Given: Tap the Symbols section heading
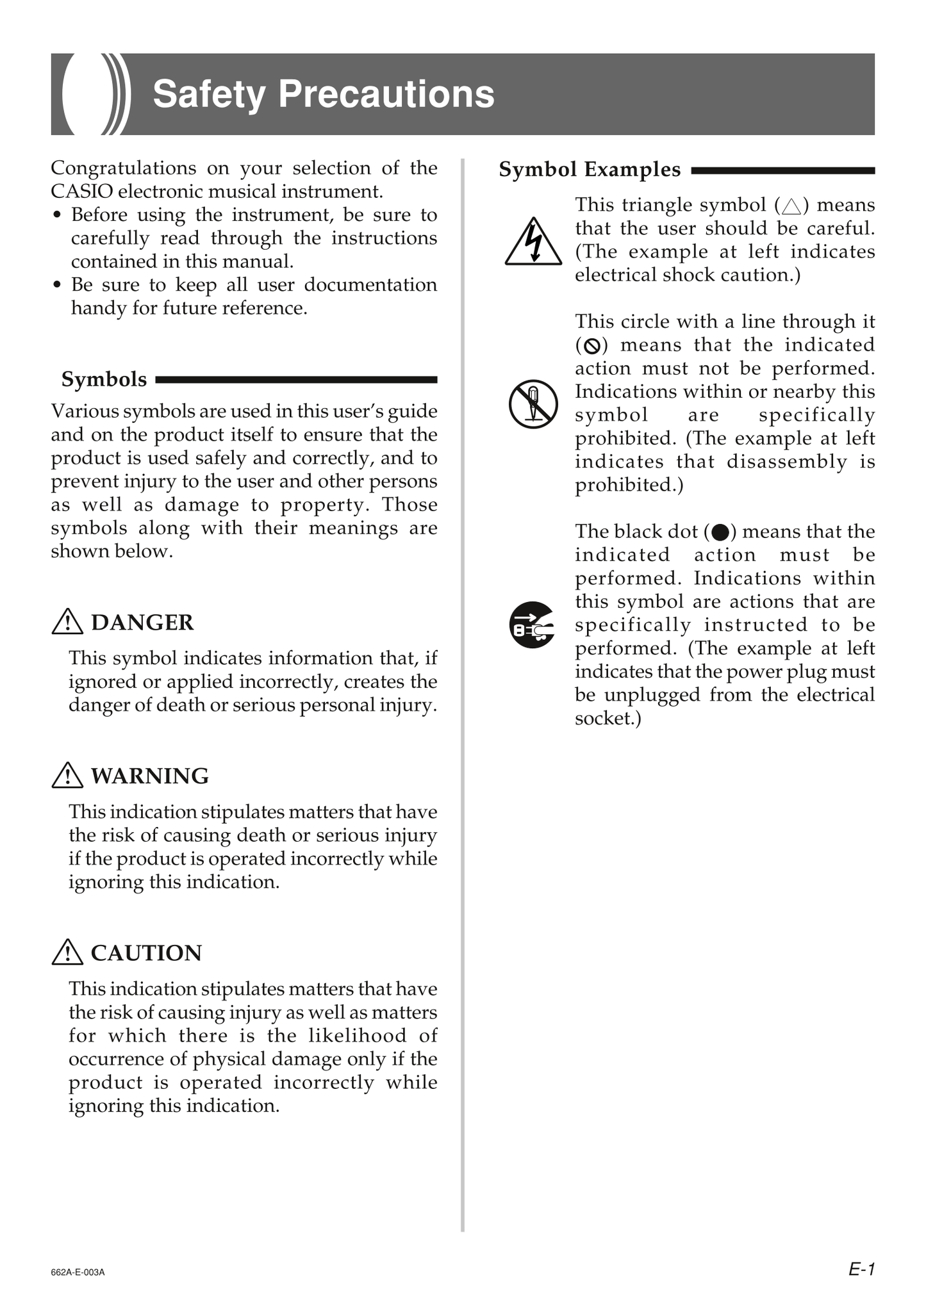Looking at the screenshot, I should (104, 379).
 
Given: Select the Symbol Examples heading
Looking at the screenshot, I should (590, 170).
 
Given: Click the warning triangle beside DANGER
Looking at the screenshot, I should (67, 622).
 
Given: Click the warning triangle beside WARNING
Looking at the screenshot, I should (67, 776).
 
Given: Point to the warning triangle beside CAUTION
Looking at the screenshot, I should (67, 952).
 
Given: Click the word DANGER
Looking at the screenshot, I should (142, 623).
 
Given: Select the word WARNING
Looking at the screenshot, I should (149, 776).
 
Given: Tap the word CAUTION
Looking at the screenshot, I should (146, 953).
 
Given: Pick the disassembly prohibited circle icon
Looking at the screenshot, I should (533, 404).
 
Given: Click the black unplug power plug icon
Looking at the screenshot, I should (532, 625).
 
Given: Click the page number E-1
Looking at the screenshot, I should (861, 1268).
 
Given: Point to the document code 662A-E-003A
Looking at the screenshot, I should (78, 1272).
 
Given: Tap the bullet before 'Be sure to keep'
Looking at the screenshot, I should (58, 285).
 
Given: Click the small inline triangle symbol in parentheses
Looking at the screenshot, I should (791, 206).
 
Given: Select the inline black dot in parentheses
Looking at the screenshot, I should (720, 532).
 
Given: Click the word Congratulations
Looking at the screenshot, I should (123, 168).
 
